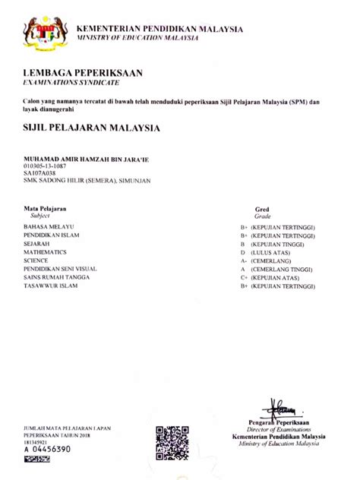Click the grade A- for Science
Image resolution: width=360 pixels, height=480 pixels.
coord(243,261)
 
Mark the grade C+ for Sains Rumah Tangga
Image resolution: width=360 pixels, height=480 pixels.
coord(244,277)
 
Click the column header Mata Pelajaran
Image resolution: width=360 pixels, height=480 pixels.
coord(45,207)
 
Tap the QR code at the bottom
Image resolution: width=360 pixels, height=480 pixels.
coord(172,441)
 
